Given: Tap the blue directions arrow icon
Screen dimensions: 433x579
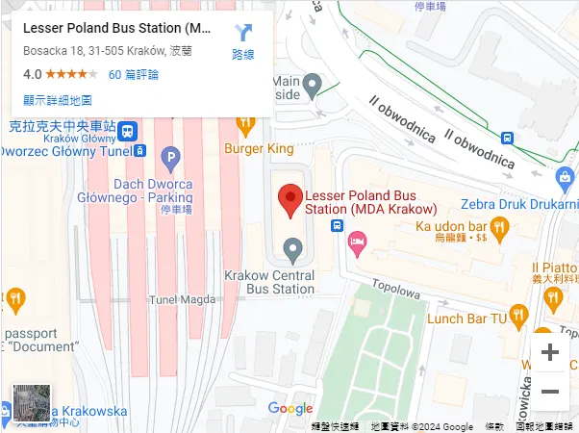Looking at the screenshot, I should [243, 35].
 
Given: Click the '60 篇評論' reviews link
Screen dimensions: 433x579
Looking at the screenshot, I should [134, 74].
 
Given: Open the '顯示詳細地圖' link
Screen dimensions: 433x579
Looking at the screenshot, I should [58, 100].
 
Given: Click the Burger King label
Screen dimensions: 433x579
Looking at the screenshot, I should [259, 149].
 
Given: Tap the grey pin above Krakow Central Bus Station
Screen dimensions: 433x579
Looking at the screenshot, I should [295, 251].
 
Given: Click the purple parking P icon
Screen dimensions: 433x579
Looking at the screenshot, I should [170, 157].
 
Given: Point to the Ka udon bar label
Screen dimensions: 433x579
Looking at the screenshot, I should [448, 226].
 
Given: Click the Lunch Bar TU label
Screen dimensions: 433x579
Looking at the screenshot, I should [466, 318].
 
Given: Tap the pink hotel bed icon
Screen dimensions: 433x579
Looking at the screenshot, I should [358, 244].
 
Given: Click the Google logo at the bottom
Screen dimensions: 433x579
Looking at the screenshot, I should [290, 409].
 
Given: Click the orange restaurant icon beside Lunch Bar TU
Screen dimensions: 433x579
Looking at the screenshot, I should [519, 314].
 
